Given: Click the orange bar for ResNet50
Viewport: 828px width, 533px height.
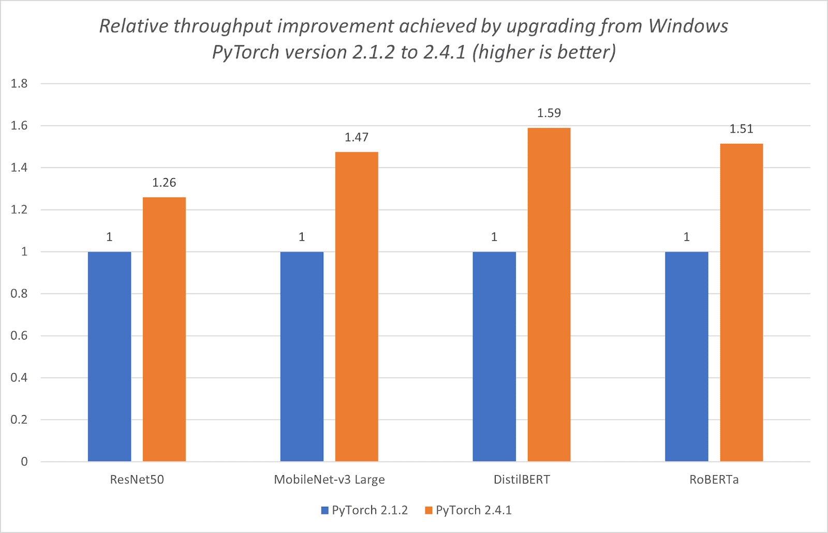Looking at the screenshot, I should click(164, 329).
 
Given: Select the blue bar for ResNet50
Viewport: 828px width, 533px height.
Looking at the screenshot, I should click(109, 357).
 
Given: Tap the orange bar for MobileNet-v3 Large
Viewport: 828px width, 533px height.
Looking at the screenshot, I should click(357, 306).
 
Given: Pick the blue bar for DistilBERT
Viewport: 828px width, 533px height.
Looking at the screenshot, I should click(494, 357).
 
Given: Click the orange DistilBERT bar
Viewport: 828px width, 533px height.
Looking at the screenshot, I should click(549, 294).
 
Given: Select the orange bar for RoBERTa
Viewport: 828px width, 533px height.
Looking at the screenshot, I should click(741, 302).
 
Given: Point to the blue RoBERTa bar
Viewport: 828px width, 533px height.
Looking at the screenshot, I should click(686, 357).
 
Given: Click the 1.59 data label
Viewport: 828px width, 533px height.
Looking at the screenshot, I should click(549, 113).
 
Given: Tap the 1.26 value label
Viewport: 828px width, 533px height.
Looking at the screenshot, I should click(164, 183).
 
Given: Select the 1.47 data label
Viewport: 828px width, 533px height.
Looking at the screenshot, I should click(357, 137).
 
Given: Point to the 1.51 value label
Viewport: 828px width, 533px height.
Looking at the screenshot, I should click(741, 129).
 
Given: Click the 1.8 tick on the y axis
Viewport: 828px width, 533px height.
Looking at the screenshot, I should click(19, 84).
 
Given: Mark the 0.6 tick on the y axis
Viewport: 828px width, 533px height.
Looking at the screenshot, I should click(19, 335).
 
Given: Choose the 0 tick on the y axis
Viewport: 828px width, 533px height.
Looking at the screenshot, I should click(24, 462).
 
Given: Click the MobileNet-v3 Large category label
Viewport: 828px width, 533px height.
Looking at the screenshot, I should click(329, 480).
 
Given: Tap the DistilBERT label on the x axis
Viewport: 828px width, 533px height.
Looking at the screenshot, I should click(522, 480).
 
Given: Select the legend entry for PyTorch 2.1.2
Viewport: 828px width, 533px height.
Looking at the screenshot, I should click(364, 510).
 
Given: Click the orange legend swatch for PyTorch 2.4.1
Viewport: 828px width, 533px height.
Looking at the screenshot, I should click(428, 510).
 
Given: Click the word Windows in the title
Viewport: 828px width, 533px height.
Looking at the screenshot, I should click(688, 26).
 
